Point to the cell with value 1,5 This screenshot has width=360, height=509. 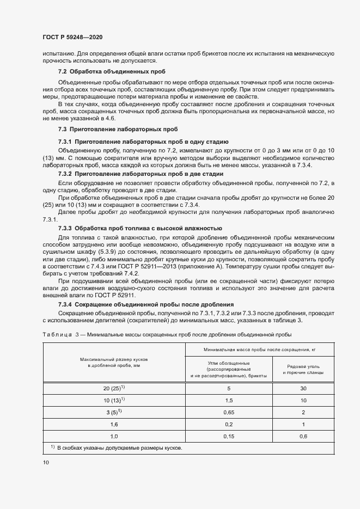click(x=228, y=401)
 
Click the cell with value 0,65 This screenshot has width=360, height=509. click(x=228, y=413)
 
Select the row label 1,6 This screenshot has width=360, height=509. click(x=114, y=425)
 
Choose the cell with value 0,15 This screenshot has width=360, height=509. click(x=228, y=437)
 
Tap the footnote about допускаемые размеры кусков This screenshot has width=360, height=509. click(x=115, y=449)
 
